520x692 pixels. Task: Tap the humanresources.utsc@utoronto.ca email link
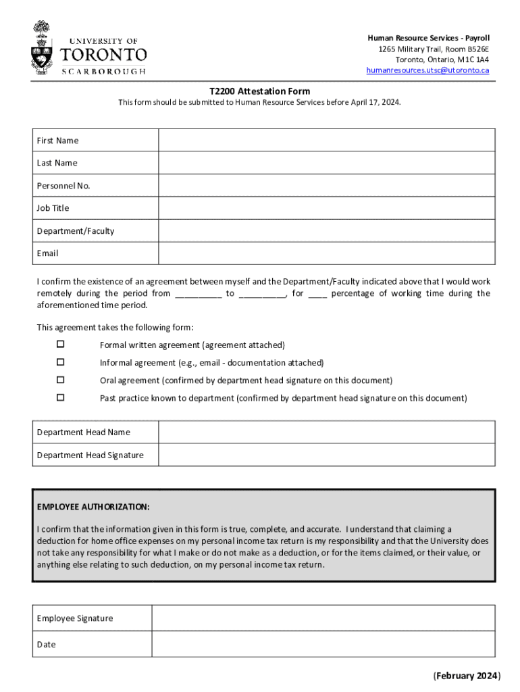(x=427, y=70)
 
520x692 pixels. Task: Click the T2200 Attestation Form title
(x=259, y=91)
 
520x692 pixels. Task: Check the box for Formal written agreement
(x=60, y=345)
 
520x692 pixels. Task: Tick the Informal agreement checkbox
(x=60, y=362)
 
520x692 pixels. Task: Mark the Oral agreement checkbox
(x=60, y=380)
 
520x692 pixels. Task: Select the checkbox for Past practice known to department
(x=60, y=397)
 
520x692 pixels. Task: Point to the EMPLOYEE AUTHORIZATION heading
(x=93, y=507)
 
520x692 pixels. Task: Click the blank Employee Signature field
(x=323, y=618)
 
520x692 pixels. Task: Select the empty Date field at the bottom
(x=323, y=644)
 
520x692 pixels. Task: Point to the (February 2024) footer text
(x=466, y=675)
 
